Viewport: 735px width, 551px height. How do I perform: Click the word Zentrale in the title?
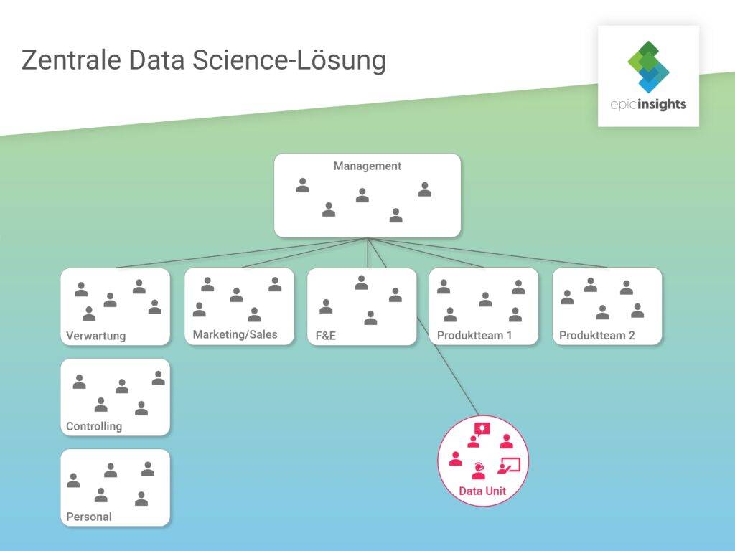click(x=71, y=60)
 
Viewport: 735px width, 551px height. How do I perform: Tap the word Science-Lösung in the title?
click(x=289, y=61)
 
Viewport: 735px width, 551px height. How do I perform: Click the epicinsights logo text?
click(x=648, y=104)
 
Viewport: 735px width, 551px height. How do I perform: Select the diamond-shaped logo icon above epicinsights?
click(x=648, y=67)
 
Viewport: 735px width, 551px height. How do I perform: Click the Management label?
click(x=367, y=166)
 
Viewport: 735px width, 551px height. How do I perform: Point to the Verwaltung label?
click(x=96, y=336)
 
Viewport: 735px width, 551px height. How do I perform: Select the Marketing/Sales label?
click(x=235, y=334)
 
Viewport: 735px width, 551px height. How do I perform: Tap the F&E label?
click(x=326, y=336)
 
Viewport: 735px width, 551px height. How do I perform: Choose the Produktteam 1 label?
click(x=474, y=336)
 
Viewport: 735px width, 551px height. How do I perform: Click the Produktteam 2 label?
click(x=596, y=336)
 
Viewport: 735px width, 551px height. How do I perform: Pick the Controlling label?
click(x=94, y=426)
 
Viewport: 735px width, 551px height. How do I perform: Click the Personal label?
click(x=89, y=517)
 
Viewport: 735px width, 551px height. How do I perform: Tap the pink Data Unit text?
click(x=482, y=491)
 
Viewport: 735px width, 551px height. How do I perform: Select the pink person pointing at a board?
click(x=509, y=465)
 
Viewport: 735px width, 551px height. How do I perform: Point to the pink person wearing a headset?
click(x=479, y=471)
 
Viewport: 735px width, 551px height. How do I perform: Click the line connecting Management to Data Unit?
click(x=423, y=326)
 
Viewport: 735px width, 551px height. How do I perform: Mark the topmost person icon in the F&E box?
click(x=361, y=283)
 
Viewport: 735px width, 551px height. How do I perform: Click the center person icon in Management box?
click(x=362, y=195)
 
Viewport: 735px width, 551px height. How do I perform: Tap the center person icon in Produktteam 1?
click(x=485, y=299)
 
